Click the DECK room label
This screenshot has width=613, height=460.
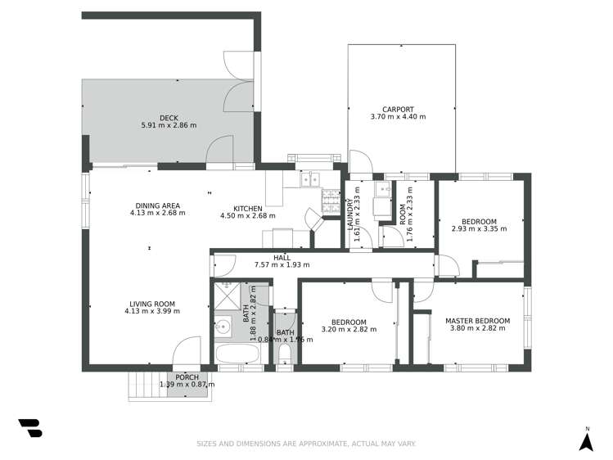[169, 118]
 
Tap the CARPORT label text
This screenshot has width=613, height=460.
[398, 109]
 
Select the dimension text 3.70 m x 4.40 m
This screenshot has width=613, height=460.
[398, 117]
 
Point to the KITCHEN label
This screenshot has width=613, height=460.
[248, 209]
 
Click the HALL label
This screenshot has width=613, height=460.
[282, 257]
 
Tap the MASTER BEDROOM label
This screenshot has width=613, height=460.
[477, 321]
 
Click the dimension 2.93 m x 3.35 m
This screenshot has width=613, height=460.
[479, 229]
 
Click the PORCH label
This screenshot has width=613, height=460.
[187, 377]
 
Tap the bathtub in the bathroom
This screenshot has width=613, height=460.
[237, 354]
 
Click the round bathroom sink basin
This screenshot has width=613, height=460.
[222, 327]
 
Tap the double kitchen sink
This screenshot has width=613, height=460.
[309, 178]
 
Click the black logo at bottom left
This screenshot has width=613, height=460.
[29, 428]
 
